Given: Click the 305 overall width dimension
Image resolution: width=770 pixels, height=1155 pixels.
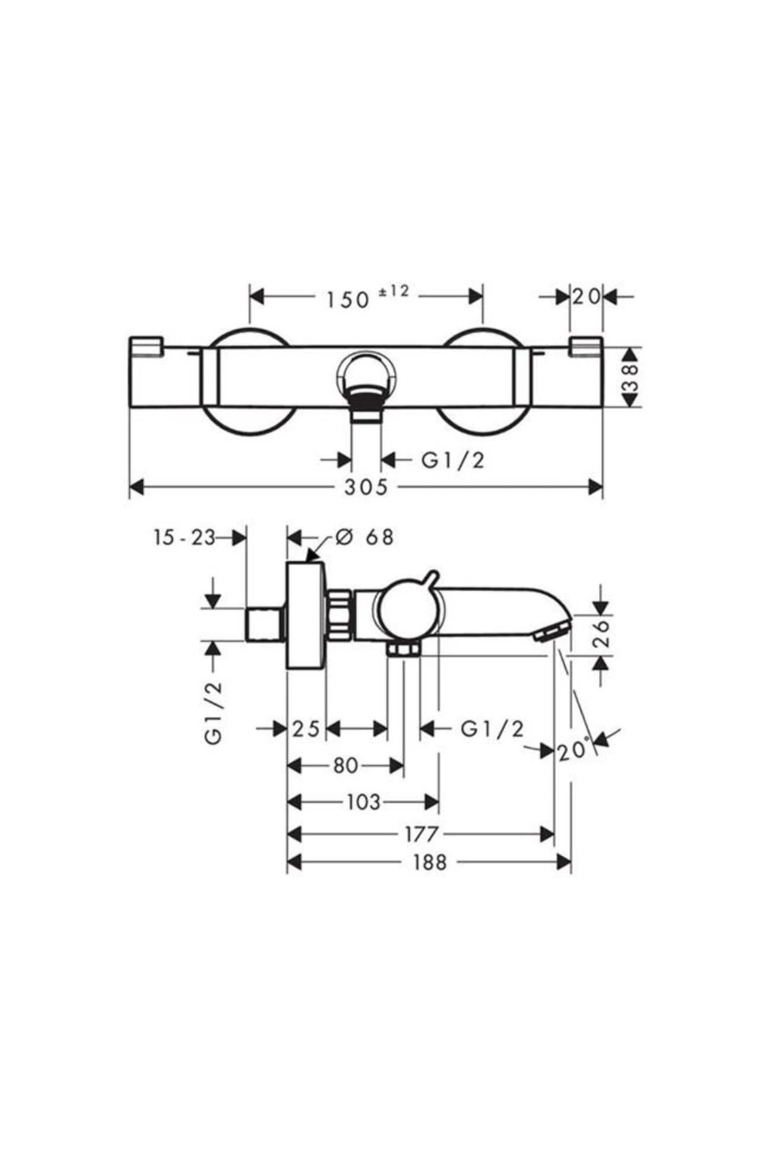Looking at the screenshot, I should pyautogui.click(x=366, y=487).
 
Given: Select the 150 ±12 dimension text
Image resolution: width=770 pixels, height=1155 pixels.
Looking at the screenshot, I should pyautogui.click(x=366, y=296).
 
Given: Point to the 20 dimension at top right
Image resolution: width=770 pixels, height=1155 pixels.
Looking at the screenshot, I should pyautogui.click(x=586, y=296).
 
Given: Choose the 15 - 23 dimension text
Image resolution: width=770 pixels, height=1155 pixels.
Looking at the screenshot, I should pyautogui.click(x=184, y=537).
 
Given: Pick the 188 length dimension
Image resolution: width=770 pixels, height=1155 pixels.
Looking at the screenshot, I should pyautogui.click(x=429, y=862).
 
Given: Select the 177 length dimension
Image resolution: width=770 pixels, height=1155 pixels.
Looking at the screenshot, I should pyautogui.click(x=421, y=834).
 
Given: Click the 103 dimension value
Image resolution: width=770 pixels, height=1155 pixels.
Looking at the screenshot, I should pyautogui.click(x=363, y=802).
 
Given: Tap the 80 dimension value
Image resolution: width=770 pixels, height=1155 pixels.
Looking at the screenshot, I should pyautogui.click(x=345, y=766).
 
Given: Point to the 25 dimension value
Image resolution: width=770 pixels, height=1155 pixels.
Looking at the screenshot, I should pyautogui.click(x=306, y=729).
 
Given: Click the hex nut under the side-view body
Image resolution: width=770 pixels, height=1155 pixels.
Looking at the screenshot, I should pyautogui.click(x=403, y=650).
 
